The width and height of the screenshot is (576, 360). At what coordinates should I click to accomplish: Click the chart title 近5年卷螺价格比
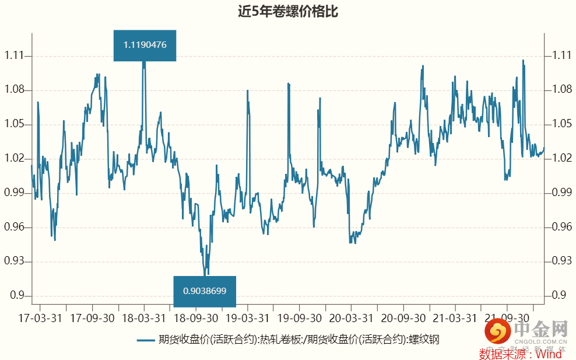point(288,12)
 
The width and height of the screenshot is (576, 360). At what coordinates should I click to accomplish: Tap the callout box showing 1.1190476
point(145,45)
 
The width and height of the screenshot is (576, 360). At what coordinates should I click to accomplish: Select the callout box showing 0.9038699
point(205,291)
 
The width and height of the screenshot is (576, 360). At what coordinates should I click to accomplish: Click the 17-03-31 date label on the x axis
point(40,319)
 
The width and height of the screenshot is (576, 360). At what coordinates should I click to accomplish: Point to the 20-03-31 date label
point(351,319)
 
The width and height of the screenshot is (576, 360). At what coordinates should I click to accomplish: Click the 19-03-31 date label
point(248,319)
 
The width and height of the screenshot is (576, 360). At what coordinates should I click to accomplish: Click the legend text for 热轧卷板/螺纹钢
point(298,340)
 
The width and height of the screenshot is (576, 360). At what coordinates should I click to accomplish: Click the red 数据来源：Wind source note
point(520,354)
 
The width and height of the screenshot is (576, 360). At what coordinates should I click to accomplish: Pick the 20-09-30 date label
point(403,319)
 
